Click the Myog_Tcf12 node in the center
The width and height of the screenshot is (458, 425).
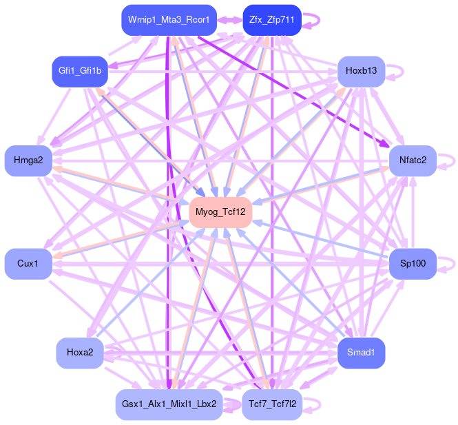[220, 211]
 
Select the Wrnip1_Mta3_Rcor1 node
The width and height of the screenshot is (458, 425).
[169, 20]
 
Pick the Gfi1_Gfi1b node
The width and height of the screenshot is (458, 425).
[80, 71]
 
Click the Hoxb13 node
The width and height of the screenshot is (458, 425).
[361, 71]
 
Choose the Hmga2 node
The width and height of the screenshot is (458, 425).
[28, 160]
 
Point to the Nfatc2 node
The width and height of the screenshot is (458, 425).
[413, 160]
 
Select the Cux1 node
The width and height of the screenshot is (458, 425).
[28, 264]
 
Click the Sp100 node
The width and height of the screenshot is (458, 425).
[413, 264]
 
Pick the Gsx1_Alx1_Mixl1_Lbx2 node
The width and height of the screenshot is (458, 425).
[169, 404]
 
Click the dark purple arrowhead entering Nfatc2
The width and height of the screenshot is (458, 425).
[384, 145]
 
